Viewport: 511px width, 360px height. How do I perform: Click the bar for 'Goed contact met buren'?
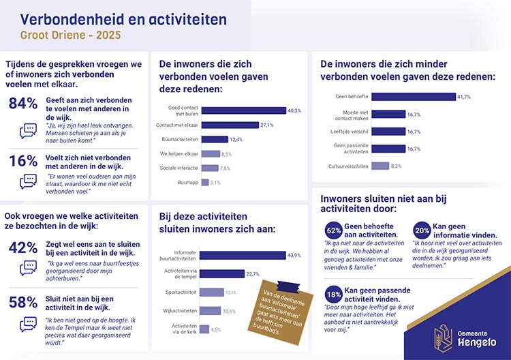[245, 110]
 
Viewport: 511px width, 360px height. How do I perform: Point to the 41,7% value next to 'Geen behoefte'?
[464, 97]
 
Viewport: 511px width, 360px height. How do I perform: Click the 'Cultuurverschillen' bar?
[380, 166]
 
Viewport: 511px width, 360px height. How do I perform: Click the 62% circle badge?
[334, 230]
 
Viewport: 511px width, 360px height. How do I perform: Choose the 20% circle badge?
[421, 230]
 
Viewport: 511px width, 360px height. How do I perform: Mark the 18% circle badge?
[334, 295]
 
